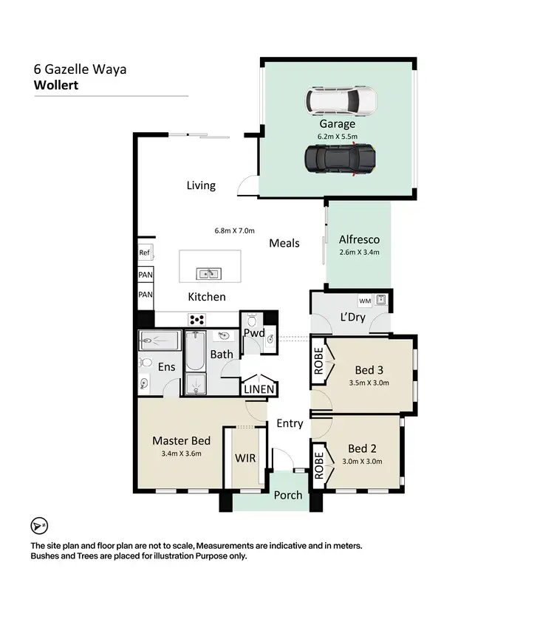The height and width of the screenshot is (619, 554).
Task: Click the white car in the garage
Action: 341,99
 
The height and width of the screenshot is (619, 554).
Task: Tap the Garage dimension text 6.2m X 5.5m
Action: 338,137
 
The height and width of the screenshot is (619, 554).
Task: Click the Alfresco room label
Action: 359,239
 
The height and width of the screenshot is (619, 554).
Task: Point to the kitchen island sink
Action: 208,274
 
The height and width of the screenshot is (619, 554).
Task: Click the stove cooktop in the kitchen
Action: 198,320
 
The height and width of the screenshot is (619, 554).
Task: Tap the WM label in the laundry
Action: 364,301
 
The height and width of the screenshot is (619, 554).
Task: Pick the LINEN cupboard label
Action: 259,389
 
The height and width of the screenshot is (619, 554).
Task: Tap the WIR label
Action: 245,458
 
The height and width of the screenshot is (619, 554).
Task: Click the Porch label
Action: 288,495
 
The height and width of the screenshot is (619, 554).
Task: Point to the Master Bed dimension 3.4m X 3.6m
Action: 181,454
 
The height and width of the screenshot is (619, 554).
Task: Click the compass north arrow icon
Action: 39,525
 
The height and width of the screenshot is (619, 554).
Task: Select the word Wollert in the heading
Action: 56,85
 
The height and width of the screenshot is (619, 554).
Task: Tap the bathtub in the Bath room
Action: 196,351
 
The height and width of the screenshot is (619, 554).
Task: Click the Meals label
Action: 284,242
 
